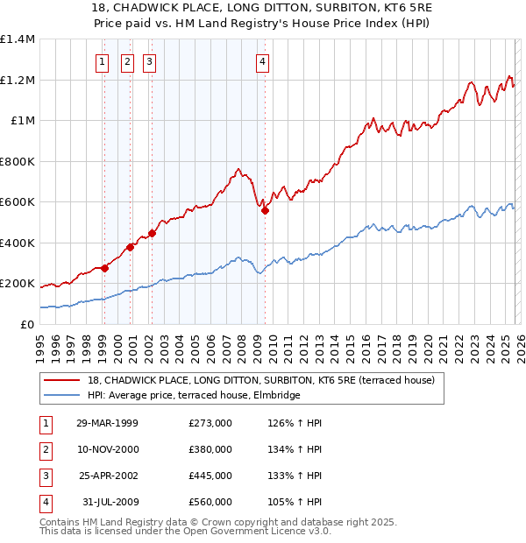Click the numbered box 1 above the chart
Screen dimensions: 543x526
[103, 61]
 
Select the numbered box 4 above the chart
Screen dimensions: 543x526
[263, 61]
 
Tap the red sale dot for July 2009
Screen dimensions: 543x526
[265, 210]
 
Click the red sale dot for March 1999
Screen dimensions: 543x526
[104, 268]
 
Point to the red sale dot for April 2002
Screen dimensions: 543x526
[152, 233]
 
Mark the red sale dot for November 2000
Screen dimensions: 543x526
[130, 247]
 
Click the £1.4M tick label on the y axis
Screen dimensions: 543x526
[18, 39]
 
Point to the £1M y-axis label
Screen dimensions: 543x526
[23, 121]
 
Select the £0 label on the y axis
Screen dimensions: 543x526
[27, 324]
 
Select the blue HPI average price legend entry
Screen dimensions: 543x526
[194, 395]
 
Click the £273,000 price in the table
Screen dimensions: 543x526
[210, 423]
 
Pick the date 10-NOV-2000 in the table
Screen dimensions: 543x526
[106, 449]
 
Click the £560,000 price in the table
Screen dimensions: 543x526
[210, 502]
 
